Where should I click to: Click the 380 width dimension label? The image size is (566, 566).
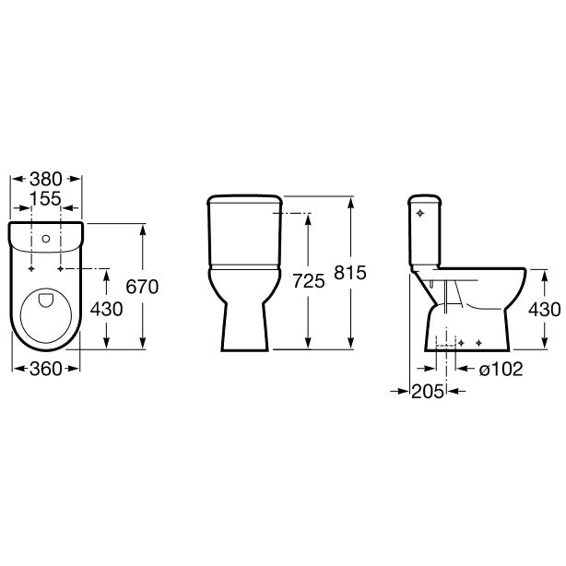click(46, 179)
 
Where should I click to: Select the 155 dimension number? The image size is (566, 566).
click(45, 198)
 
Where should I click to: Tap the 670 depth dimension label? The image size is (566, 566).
click(142, 287)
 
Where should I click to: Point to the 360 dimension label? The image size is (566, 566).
click(46, 369)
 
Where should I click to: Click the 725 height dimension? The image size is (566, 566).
click(309, 281)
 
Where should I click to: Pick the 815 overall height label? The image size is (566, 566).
click(350, 273)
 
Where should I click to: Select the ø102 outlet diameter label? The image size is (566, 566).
click(501, 369)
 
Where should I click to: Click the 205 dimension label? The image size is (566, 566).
click(428, 391)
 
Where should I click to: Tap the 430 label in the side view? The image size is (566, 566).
click(545, 310)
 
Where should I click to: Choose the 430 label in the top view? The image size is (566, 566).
click(107, 309)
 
